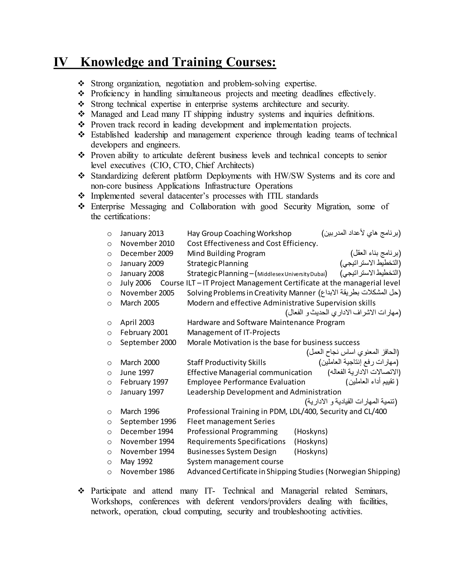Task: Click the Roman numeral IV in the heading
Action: [61, 62]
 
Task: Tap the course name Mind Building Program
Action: [226, 253]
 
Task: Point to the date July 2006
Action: [135, 283]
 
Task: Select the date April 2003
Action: [137, 323]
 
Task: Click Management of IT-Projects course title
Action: [233, 332]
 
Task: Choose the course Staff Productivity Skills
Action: [226, 363]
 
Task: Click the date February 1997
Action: [144, 382]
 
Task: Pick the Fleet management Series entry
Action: [231, 422]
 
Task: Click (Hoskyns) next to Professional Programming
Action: [311, 432]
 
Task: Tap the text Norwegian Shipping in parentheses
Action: [363, 472]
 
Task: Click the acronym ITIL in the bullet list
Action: [275, 196]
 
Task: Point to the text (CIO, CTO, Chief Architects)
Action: [202, 165]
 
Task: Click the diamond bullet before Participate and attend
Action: [81, 491]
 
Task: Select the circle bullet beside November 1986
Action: [109, 472]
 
